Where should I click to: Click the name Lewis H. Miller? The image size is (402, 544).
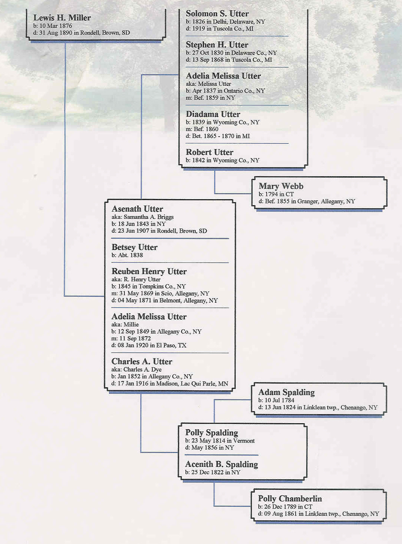click(x=62, y=18)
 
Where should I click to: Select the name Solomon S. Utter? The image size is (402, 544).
click(x=217, y=14)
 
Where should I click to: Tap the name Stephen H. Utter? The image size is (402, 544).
click(x=217, y=45)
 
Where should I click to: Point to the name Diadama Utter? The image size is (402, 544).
click(x=213, y=114)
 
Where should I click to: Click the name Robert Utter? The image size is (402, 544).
click(x=210, y=152)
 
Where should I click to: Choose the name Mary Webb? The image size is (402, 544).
click(x=281, y=186)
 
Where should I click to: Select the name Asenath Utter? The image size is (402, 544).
click(x=137, y=209)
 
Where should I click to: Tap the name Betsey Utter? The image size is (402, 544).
click(x=135, y=247)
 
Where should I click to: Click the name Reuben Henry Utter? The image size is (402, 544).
click(x=149, y=271)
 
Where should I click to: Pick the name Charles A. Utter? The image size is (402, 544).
click(x=142, y=361)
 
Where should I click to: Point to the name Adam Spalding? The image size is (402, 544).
click(x=286, y=392)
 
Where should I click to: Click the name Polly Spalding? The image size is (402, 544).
click(x=212, y=433)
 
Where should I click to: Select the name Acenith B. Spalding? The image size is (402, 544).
click(x=222, y=464)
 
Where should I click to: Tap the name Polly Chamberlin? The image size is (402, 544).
click(x=290, y=498)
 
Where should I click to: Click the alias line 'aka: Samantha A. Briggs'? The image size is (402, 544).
click(x=143, y=217)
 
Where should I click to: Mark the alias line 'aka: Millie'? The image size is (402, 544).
click(x=125, y=325)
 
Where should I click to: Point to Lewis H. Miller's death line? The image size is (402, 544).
click(x=81, y=32)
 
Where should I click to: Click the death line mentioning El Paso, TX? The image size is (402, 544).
click(x=149, y=345)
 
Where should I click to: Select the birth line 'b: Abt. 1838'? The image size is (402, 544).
click(x=127, y=255)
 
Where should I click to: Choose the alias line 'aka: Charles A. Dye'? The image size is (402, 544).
click(x=137, y=369)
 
